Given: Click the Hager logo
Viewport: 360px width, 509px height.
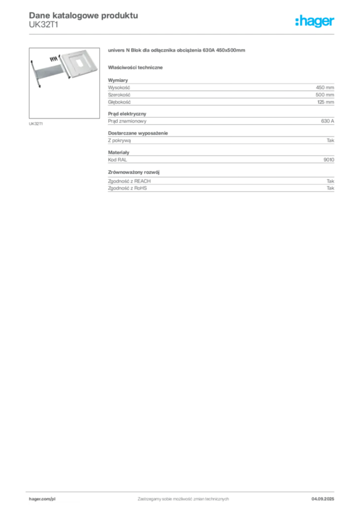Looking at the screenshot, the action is tap(315, 21).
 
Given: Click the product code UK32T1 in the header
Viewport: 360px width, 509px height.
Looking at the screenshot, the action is tap(43, 25).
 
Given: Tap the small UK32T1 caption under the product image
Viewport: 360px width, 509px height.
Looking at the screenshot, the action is tap(36, 124).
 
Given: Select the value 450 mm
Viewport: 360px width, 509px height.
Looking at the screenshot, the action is tap(325, 87).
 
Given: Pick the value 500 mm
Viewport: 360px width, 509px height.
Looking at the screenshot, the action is tap(325, 95).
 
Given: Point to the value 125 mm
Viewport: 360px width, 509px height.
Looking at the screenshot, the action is tap(326, 102).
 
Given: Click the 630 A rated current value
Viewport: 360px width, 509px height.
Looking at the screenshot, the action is tap(328, 121).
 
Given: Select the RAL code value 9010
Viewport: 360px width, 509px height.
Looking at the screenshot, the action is tap(329, 160).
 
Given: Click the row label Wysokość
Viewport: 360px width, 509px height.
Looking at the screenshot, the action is tap(119, 87).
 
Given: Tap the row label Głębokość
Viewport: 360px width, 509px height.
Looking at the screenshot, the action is tap(119, 102).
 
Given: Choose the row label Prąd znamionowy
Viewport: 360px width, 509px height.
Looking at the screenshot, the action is tap(127, 121).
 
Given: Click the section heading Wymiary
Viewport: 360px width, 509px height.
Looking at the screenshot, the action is tap(118, 80).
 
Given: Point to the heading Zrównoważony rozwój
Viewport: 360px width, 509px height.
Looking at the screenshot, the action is tap(134, 172).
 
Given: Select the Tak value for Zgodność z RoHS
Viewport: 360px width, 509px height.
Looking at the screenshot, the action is tap(331, 188).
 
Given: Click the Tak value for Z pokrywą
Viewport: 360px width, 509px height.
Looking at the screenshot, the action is tap(331, 141).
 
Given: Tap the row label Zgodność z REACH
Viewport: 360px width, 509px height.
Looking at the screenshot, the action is tap(129, 181).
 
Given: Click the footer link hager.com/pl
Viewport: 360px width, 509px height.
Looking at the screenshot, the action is tap(42, 499).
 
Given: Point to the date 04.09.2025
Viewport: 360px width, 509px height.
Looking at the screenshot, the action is tap(323, 499).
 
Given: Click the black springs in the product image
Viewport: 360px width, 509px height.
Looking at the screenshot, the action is tap(55, 59).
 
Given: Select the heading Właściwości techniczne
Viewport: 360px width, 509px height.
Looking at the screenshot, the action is tap(135, 68).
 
